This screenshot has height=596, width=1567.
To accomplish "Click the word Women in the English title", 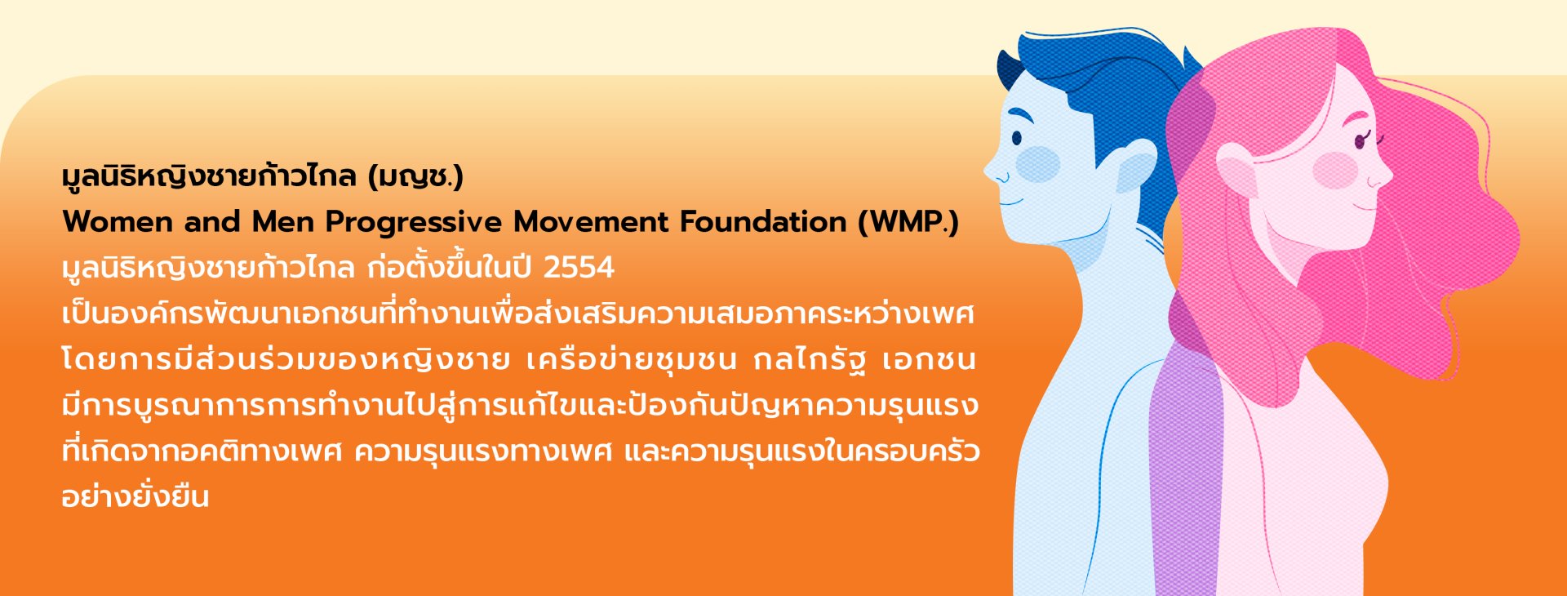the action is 118,222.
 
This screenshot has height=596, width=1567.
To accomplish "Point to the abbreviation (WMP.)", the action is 908,223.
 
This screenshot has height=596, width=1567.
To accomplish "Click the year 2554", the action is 579,268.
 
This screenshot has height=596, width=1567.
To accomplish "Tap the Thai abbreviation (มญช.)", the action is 415,176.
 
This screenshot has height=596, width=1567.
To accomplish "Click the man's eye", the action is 1017,138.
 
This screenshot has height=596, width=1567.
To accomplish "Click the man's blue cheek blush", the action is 1037,164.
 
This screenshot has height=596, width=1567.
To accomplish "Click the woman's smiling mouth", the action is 1364,205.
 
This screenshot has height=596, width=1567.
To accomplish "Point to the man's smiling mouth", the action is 1010,201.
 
